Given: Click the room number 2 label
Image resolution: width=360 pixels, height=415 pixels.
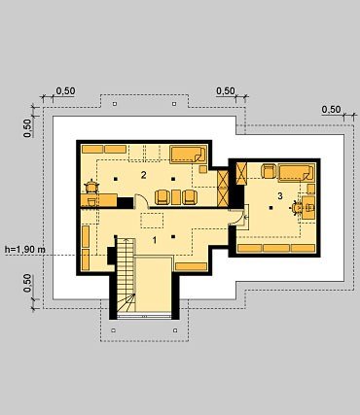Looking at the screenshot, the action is tap(143, 175).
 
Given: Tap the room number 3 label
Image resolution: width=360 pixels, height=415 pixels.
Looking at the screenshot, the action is tap(280, 195).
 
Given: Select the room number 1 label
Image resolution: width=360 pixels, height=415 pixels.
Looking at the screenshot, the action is tap(155, 240).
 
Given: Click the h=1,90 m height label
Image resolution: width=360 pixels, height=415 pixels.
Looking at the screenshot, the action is tap(25, 250).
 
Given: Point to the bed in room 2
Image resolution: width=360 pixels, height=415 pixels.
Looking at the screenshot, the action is tap(188, 154).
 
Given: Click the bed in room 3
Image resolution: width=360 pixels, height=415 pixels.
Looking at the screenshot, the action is tap(297, 172).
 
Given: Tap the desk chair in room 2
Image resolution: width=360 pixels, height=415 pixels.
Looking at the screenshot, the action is tap(91, 187).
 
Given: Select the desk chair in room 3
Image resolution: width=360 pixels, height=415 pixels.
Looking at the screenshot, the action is tap(296, 207).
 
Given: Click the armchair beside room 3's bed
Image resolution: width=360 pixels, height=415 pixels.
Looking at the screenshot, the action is tap(269, 171).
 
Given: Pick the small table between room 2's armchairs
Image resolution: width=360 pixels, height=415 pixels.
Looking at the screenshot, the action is tap(176, 197).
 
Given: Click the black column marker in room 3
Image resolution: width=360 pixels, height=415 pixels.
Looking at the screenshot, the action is tap(271, 208).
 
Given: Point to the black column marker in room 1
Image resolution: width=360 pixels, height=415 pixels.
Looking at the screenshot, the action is tap(173, 237).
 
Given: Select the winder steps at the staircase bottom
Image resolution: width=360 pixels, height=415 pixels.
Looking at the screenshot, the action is tap(126, 303).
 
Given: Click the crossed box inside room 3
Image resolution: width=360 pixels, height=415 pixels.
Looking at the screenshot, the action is tap(241, 173).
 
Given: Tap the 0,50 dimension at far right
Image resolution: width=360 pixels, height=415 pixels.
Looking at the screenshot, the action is tap(331, 110).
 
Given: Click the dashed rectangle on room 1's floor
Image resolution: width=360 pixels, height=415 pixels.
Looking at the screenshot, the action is tap(152, 221).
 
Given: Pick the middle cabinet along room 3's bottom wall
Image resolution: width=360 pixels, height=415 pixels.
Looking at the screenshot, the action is tap(276, 249).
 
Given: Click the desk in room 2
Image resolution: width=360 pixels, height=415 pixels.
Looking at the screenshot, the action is tap(99, 200).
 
